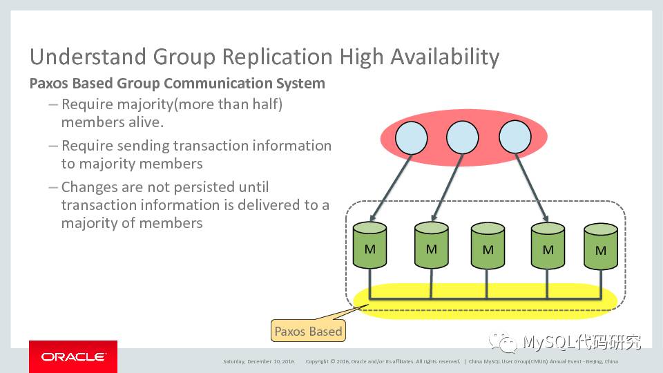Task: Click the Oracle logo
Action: (73, 357)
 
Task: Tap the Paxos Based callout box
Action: (308, 331)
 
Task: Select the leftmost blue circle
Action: (412, 137)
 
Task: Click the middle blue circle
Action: (463, 137)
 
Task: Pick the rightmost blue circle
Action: (515, 137)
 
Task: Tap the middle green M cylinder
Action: (488, 247)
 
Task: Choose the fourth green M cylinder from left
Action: (548, 246)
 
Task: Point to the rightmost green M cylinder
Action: (601, 247)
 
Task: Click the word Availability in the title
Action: (445, 57)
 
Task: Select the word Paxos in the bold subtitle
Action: (49, 84)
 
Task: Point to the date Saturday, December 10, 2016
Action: (258, 361)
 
